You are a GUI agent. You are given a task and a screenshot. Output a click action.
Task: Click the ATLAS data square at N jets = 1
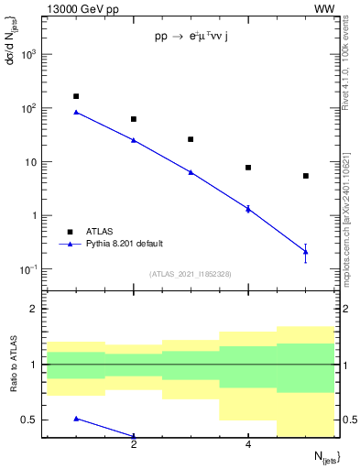76,96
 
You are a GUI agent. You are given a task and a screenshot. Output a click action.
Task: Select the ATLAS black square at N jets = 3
191,139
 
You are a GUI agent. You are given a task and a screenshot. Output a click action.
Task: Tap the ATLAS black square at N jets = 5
305,176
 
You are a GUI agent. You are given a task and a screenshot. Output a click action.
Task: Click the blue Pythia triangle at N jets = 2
134,140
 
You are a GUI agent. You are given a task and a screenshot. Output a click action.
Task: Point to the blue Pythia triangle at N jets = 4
248,209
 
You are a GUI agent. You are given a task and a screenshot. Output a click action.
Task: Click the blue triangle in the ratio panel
76,419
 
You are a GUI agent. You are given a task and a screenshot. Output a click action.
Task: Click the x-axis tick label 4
248,444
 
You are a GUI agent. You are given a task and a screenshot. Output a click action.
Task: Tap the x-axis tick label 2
134,444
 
